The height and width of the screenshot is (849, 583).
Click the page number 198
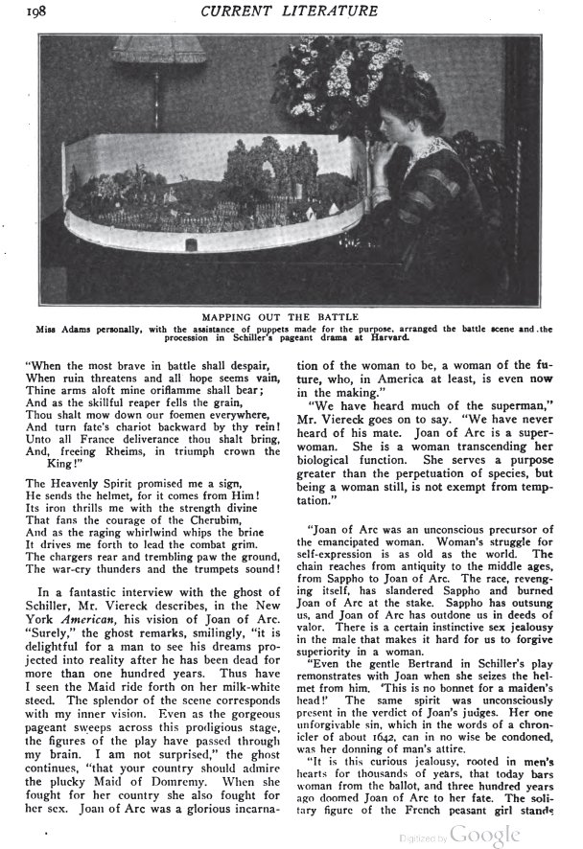(43, 11)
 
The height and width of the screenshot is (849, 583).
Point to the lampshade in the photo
(157, 51)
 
